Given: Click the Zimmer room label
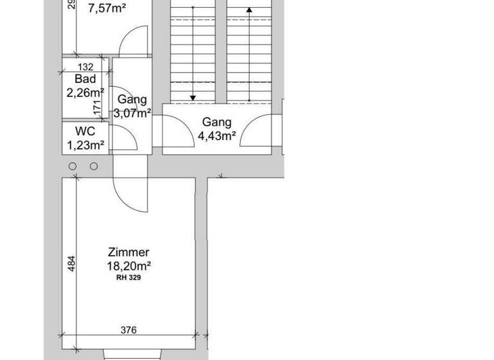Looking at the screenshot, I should [129, 253].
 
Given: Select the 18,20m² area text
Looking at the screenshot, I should [129, 265].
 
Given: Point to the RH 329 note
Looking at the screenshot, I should [129, 278].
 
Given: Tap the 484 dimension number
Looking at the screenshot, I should [73, 263].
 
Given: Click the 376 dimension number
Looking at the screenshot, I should [129, 330].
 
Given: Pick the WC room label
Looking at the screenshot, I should [85, 132].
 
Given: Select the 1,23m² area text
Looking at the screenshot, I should [86, 145].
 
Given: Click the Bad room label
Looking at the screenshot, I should [85, 79].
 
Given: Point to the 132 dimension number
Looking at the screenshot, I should [85, 67].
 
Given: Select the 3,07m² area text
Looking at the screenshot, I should [133, 113].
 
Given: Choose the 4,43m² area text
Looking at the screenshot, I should [217, 135].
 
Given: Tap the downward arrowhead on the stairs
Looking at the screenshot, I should [192, 98].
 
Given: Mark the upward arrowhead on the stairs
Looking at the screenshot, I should [249, 11].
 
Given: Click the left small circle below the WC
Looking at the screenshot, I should [73, 166].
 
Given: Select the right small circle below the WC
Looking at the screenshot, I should [94, 166].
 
